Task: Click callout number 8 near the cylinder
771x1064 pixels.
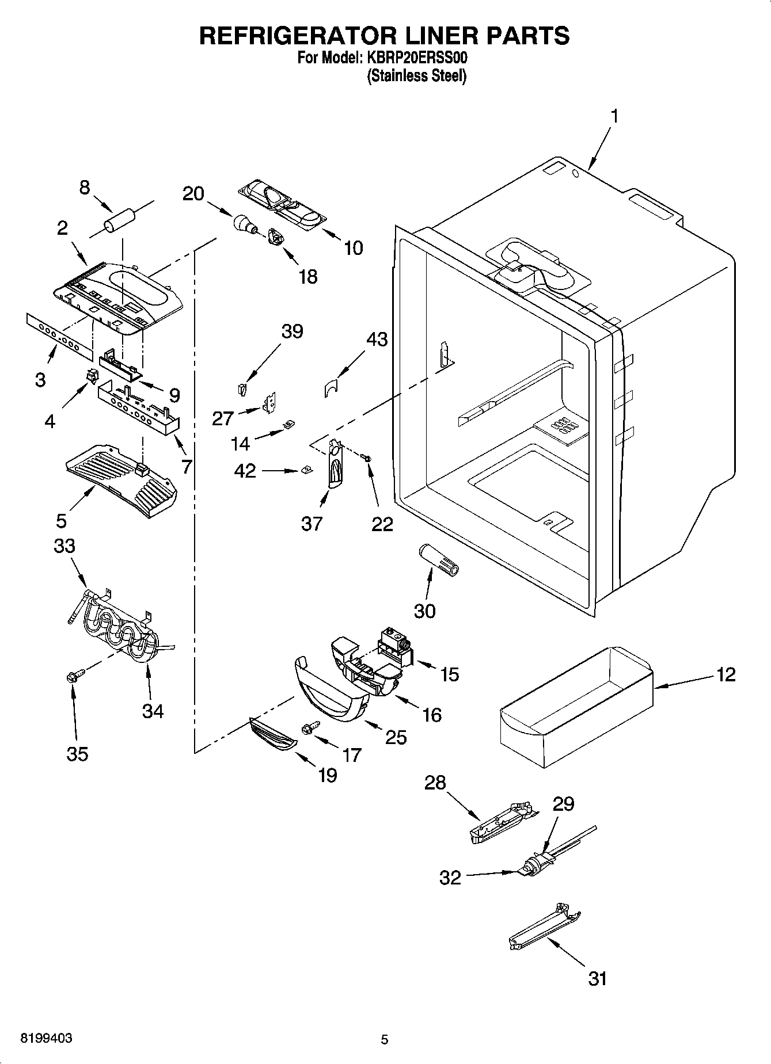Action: [x=85, y=188]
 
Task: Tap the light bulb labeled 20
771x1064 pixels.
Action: [x=244, y=223]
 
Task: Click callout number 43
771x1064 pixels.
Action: [x=377, y=340]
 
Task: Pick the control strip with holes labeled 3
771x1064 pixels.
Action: [x=58, y=337]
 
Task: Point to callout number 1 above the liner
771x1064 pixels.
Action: [x=614, y=116]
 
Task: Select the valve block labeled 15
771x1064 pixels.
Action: [x=396, y=647]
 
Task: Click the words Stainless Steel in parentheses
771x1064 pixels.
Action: [x=416, y=75]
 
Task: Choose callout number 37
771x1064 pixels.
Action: [x=312, y=524]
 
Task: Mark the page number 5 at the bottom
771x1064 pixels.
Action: [x=385, y=1039]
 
